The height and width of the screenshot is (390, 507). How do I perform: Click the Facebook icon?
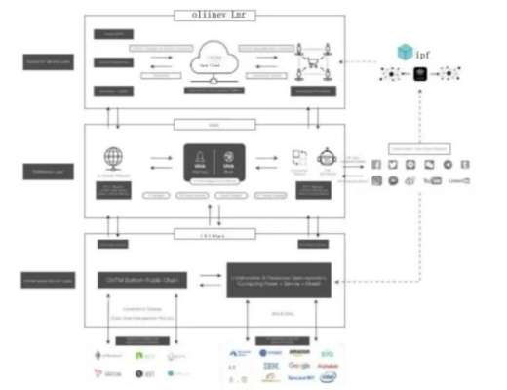tap(376, 164)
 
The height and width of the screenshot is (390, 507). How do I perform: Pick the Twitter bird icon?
tap(394, 164)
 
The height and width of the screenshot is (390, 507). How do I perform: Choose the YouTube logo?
tap(434, 180)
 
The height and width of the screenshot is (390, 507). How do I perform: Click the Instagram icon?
tap(376, 180)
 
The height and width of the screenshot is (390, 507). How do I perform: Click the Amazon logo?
tap(298, 351)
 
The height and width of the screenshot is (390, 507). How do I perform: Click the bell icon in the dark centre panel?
tap(199, 157)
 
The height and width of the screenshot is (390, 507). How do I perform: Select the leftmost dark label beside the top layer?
tap(47, 60)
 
